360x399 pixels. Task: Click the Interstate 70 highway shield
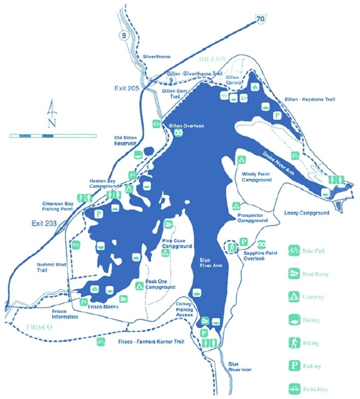click(260, 17)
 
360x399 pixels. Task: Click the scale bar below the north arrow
click(53, 135)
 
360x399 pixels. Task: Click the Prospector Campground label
click(253, 217)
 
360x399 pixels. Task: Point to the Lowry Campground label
click(306, 213)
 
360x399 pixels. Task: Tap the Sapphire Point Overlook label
click(256, 255)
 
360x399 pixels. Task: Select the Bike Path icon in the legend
click(293, 250)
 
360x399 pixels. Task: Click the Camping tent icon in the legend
click(293, 296)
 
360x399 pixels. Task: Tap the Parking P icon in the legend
click(293, 366)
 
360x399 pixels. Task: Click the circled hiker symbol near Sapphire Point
click(232, 247)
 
